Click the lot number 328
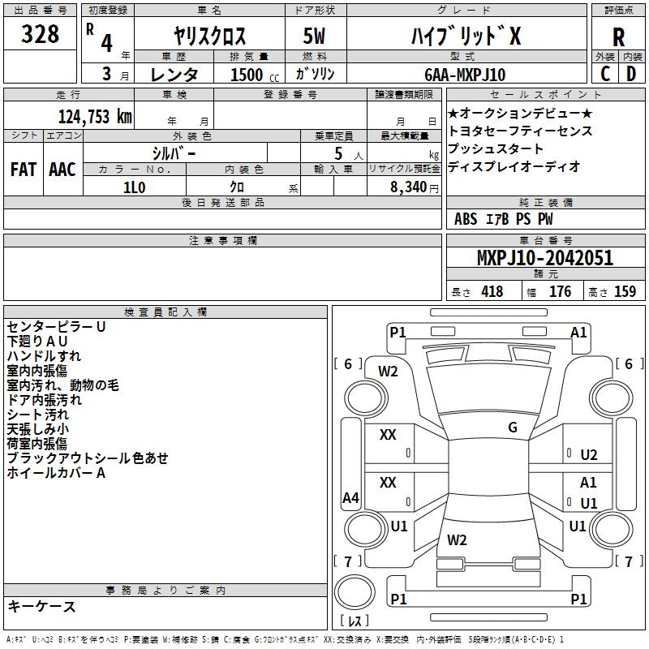pos(40,34)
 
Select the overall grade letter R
pos(618,37)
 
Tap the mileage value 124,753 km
pos(95,117)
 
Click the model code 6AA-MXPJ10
pos(465,75)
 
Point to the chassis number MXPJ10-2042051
pos(545,257)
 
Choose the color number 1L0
pos(135,187)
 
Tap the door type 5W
pos(314,36)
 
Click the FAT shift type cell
pos(24,170)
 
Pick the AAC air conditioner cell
pos(62,170)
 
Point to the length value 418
pos(492,291)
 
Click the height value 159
pos(625,291)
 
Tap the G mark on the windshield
pos(513,427)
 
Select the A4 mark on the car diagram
pos(350,497)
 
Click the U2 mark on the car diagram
pos(589,455)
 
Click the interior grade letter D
pos(631,74)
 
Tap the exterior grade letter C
pos(605,74)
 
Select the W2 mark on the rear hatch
pos(457,539)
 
